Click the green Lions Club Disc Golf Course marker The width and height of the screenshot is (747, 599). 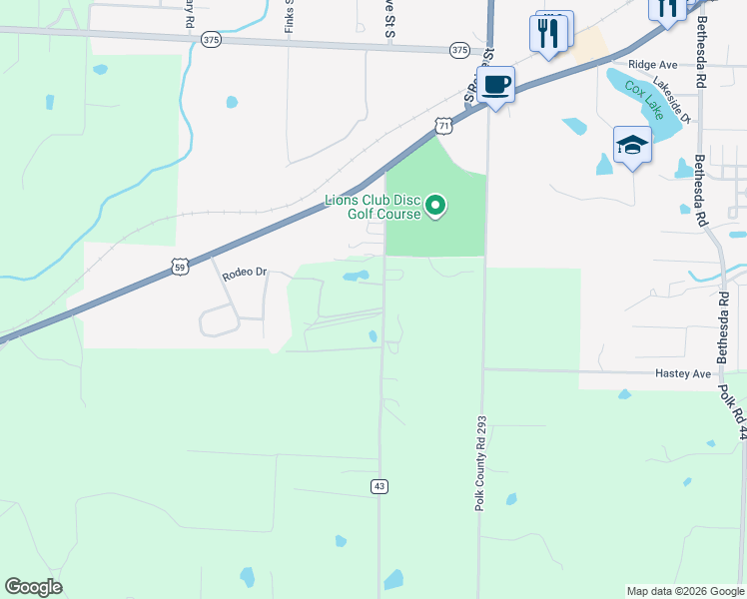tap(435, 207)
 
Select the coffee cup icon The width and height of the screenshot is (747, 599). tap(495, 84)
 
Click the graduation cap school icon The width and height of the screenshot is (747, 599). tap(631, 147)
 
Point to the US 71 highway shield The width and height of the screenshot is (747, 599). tap(443, 125)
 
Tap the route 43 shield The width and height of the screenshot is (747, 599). tap(378, 486)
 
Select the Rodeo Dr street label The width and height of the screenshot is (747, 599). tap(246, 273)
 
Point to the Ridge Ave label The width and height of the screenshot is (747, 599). tap(653, 64)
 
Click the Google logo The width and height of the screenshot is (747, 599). tap(33, 587)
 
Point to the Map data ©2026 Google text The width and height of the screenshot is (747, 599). tap(684, 591)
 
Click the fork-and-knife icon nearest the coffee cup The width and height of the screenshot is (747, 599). tap(548, 34)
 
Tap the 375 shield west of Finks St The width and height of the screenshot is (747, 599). tap(210, 40)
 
